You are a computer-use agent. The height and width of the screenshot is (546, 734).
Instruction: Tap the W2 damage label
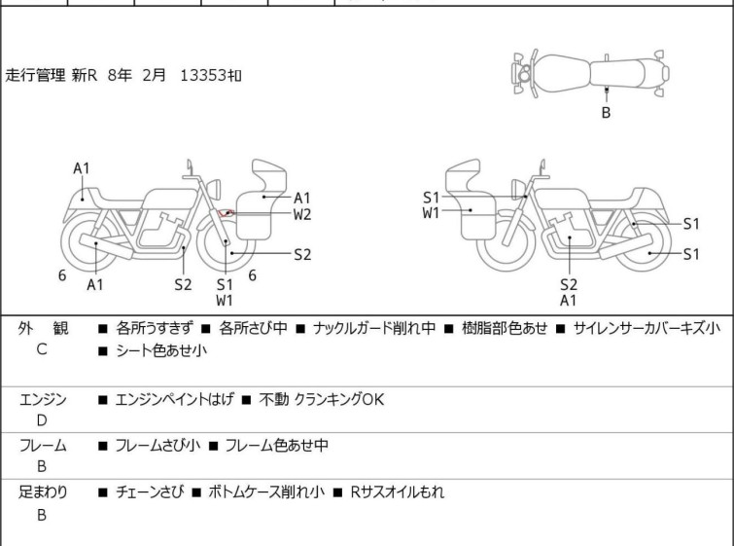pyautogui.click(x=302, y=214)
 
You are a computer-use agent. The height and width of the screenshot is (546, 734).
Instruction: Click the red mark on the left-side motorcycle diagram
pyautogui.click(x=227, y=213)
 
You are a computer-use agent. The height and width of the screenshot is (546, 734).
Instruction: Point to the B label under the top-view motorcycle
pyautogui.click(x=606, y=113)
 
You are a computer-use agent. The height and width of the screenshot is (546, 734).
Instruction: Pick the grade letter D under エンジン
pyautogui.click(x=41, y=419)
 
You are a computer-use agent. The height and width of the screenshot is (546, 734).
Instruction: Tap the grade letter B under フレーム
pyautogui.click(x=41, y=466)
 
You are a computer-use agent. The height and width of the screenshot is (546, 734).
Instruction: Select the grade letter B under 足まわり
pyautogui.click(x=41, y=514)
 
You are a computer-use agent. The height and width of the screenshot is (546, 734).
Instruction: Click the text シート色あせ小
pyautogui.click(x=160, y=350)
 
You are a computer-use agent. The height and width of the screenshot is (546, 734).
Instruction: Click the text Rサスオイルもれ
pyautogui.click(x=399, y=492)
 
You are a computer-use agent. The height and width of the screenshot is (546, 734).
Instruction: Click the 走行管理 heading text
pyautogui.click(x=36, y=75)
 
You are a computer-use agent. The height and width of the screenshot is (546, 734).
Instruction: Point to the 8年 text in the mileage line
pyautogui.click(x=120, y=75)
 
